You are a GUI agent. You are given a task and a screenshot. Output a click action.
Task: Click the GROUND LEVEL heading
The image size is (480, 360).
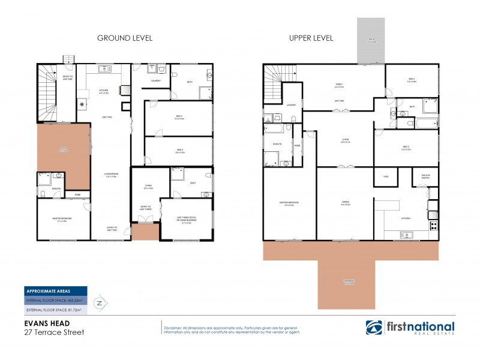click(x=125, y=38)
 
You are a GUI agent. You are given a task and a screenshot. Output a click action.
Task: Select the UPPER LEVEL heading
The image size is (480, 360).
click(x=311, y=38)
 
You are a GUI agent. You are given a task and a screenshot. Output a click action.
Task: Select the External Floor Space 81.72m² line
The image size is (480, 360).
click(x=54, y=310)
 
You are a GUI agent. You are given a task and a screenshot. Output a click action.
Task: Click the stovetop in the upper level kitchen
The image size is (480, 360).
click(x=434, y=226)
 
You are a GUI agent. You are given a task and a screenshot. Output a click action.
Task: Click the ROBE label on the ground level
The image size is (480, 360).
click(x=78, y=195)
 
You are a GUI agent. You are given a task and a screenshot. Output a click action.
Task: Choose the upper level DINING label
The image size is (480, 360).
click(x=345, y=205)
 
